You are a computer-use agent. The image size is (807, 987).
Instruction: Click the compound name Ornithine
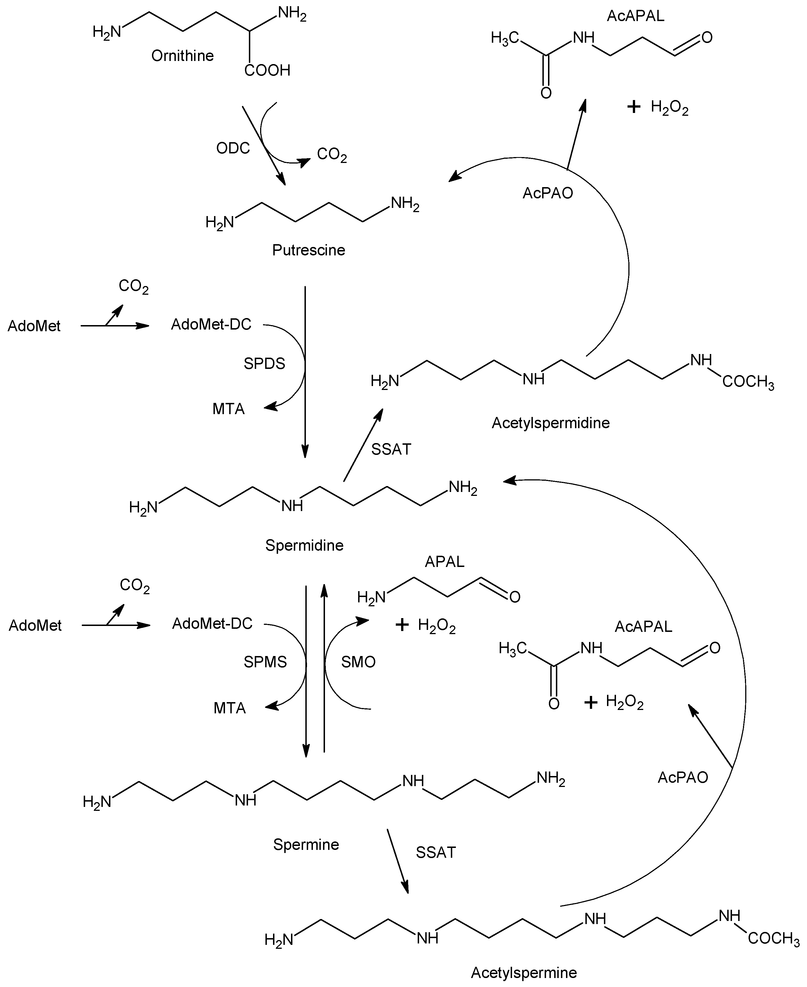(182, 56)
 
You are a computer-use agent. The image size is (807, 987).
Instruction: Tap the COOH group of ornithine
(267, 71)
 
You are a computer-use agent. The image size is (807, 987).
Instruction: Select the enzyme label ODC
(233, 148)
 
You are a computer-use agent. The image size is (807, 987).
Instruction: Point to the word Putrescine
(309, 250)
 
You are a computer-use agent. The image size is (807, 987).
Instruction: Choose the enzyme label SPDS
(264, 364)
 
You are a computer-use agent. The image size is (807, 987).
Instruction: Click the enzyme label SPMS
(265, 662)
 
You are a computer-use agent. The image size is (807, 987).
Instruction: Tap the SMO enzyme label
(358, 662)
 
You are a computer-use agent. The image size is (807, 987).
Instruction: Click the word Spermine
(306, 844)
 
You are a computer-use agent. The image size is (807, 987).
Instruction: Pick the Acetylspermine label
(524, 973)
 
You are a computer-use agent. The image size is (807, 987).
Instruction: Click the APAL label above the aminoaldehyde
(444, 562)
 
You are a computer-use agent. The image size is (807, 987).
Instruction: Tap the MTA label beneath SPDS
(228, 409)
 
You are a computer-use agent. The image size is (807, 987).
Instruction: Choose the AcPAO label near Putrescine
(548, 193)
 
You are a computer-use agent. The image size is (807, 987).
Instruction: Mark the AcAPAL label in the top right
(635, 16)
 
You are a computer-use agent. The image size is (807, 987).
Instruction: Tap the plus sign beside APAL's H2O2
(402, 625)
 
